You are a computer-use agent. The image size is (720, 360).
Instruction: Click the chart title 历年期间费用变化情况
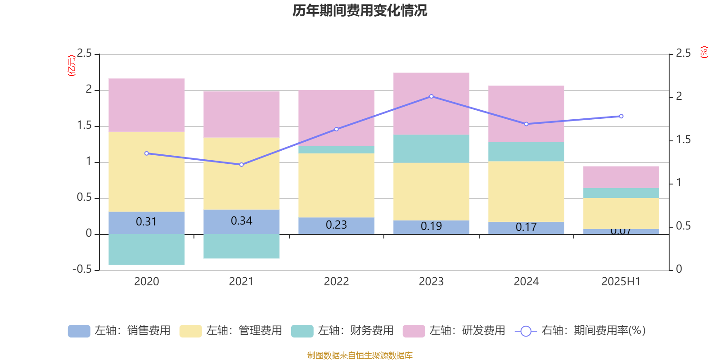pos(360,10)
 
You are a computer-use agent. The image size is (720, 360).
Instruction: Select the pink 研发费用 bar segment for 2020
pos(147,105)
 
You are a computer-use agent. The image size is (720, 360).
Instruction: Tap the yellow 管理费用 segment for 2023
pos(431,191)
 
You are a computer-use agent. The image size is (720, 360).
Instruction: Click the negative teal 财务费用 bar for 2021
pos(242,246)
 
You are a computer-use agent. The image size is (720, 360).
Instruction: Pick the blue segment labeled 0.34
pos(242,221)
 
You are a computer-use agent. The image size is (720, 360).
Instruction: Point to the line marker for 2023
pos(431,96)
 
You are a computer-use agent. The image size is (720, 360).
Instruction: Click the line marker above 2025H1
pos(621,116)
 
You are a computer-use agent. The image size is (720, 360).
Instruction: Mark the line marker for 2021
pos(242,165)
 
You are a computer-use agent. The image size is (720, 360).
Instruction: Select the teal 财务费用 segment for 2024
pos(526,152)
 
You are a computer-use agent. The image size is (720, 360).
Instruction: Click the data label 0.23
pos(336,225)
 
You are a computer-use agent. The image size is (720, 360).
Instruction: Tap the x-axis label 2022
pos(336,282)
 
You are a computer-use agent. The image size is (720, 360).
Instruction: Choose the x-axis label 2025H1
pos(621,282)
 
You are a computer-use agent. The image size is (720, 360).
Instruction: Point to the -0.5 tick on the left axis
pos(82,269)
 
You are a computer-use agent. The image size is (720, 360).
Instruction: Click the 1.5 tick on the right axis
pos(683,140)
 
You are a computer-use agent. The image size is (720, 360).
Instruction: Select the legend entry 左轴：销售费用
pos(120,331)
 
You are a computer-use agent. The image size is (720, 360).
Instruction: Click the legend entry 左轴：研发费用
pos(454,331)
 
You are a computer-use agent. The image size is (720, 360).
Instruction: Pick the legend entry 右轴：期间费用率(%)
pos(580,331)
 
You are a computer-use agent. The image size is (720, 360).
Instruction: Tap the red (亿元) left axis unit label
pos(71,66)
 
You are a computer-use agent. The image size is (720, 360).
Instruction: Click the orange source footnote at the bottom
pos(360,355)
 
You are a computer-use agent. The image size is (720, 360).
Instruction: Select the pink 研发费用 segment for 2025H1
pos(621,177)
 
